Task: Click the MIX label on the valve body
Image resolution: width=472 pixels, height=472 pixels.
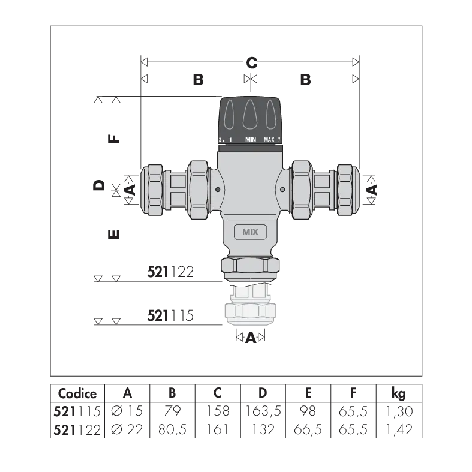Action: click(x=251, y=232)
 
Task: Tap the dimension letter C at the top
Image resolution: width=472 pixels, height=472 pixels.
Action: click(x=252, y=63)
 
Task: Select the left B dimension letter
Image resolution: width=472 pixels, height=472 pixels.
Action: click(x=198, y=80)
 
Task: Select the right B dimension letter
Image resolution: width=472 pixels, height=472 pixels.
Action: click(x=305, y=80)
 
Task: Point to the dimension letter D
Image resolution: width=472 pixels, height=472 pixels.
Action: click(x=99, y=185)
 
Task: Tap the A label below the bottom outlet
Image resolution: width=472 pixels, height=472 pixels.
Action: click(x=251, y=338)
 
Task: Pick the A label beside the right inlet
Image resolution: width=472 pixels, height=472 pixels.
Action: click(x=372, y=190)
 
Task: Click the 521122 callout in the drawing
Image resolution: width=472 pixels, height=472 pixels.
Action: click(x=170, y=272)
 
